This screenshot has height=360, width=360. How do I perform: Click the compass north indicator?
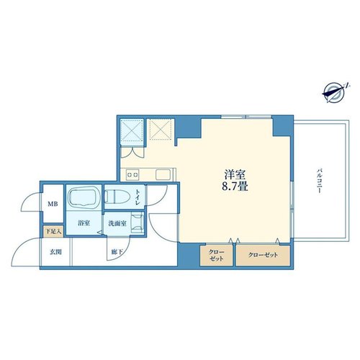336,93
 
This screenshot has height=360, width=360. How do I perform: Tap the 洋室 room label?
235,174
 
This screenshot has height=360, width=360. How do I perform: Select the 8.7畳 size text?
235,186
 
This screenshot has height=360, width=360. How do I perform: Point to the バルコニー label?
319,181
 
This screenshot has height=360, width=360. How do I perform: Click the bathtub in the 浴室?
84,197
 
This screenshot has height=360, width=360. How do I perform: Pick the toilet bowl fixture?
117,197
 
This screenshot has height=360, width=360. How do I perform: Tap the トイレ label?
138,197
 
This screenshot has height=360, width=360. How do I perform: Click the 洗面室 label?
117,223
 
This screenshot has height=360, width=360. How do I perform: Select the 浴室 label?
84,223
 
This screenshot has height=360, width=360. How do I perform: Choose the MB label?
53,204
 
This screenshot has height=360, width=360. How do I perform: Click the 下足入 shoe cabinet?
53,232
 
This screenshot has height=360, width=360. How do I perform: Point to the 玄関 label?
55,252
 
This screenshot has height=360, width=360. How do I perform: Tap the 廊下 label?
117,252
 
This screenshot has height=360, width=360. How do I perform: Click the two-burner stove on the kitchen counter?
132,174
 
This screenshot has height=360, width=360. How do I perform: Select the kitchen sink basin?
163,174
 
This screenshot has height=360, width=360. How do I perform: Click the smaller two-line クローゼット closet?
216,255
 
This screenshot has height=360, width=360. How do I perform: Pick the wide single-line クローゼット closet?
263,255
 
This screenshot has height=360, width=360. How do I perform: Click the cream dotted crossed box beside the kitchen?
161,129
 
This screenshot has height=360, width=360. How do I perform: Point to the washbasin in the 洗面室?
138,223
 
